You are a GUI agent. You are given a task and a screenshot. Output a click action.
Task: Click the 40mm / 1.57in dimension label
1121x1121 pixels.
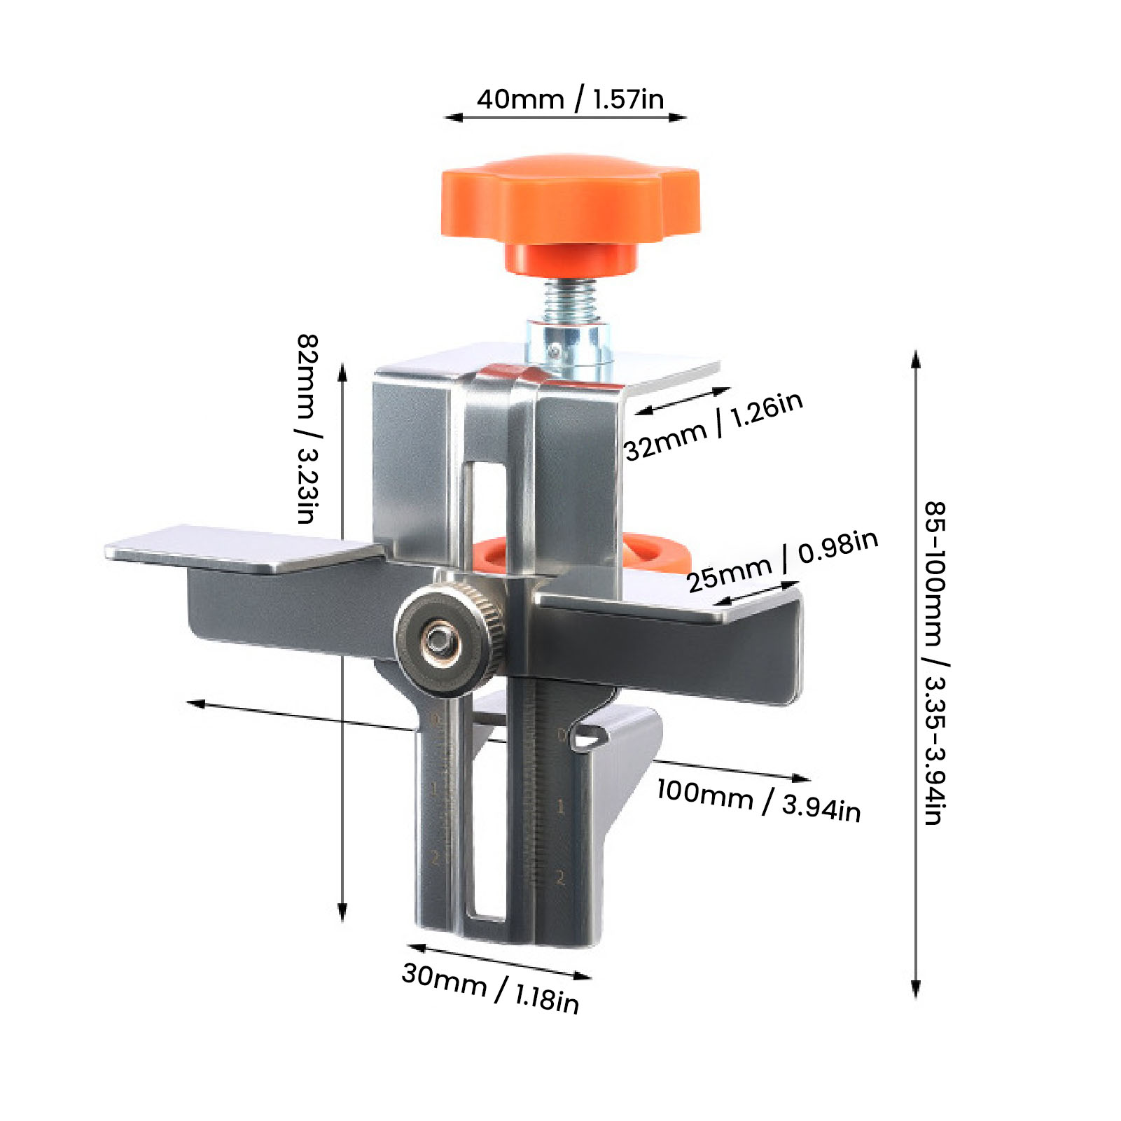(x=570, y=99)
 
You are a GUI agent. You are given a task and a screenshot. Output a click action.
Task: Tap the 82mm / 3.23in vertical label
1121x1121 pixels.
(x=307, y=429)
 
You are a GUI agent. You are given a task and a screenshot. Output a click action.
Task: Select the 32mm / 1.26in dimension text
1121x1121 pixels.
(x=713, y=426)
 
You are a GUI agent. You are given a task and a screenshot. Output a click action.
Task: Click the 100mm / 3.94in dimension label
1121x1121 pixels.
(x=758, y=800)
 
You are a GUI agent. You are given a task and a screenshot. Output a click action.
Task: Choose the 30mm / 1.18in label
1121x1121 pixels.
(x=490, y=988)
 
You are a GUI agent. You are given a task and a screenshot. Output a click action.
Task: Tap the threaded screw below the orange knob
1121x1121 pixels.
(x=569, y=300)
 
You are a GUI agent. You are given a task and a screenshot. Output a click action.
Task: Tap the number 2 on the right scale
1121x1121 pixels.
(x=560, y=877)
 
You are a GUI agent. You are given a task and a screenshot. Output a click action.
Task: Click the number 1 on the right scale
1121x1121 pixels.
(x=560, y=807)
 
